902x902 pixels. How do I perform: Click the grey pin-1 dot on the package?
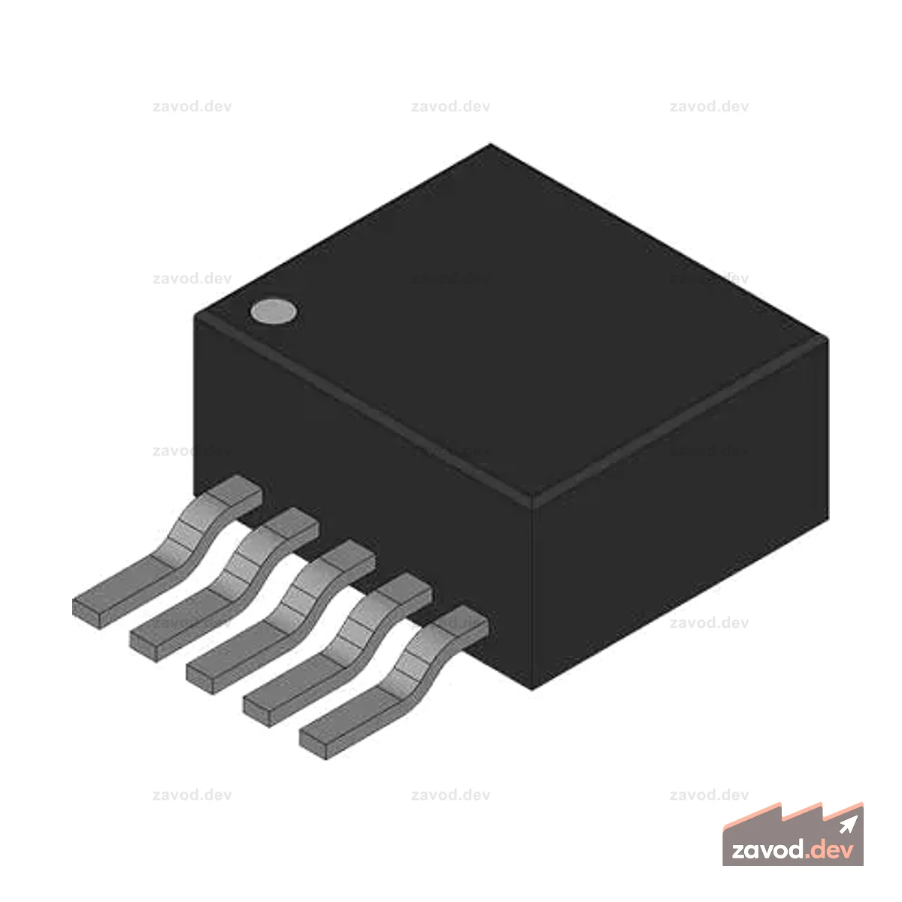click(x=273, y=310)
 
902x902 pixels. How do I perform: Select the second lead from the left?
click(x=224, y=585)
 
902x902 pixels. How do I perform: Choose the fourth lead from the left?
click(x=337, y=651)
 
